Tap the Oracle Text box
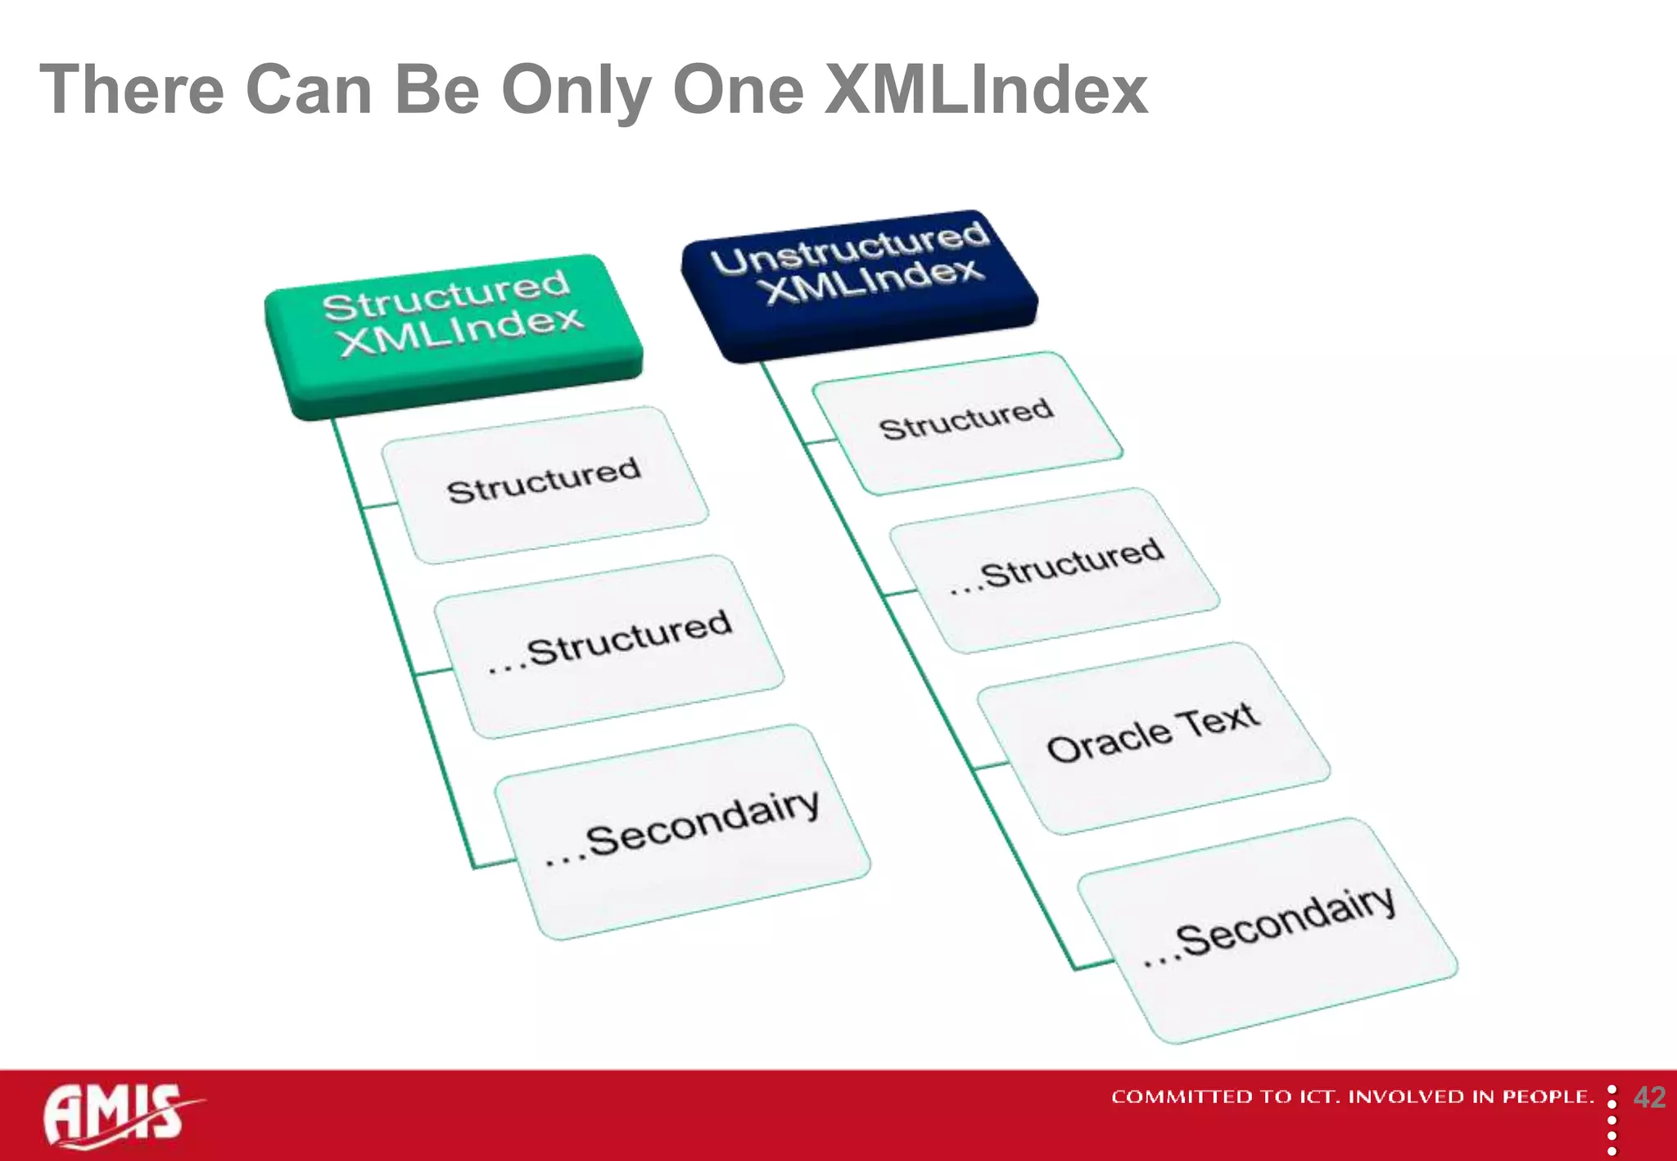1153,737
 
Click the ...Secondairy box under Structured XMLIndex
682,831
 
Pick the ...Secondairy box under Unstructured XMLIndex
1267,929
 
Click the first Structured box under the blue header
967,422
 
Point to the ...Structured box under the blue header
1055,569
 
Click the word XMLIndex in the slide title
985,90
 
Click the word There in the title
132,90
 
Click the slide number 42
1649,1097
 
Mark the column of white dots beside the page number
1611,1121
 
